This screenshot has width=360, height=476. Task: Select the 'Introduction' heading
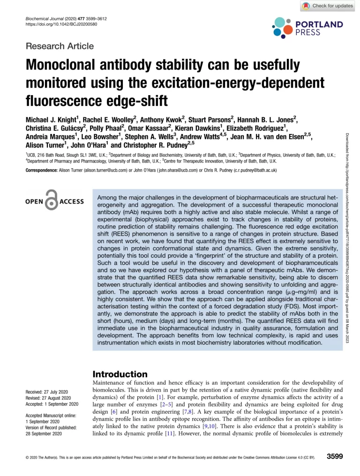[x=120, y=374]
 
